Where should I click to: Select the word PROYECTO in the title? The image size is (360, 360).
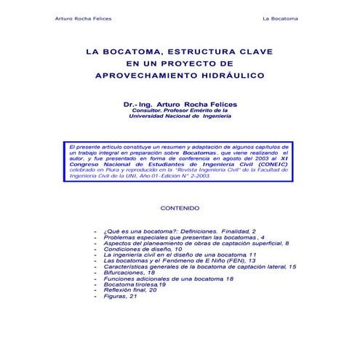[208, 63]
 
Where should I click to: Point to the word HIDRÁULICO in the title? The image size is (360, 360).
[231, 75]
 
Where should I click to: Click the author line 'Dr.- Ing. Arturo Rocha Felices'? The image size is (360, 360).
[180, 105]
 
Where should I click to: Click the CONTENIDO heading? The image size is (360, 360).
[180, 208]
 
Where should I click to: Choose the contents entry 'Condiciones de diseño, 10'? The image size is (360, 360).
[143, 249]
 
